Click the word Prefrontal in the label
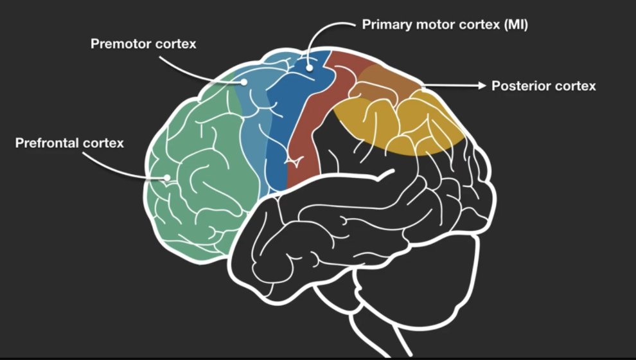point(47,143)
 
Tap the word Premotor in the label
point(120,44)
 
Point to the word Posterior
point(520,85)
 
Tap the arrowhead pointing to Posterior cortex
point(481,85)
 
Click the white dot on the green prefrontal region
point(168,177)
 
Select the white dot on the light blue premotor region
point(245,82)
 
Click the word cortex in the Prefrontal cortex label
point(104,143)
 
